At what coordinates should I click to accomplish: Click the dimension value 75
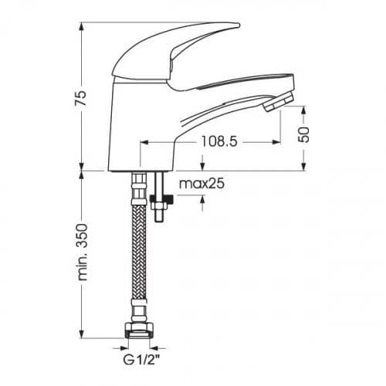[x=80, y=98]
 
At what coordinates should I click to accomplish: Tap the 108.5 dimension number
[x=218, y=141]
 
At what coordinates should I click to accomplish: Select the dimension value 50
[x=304, y=134]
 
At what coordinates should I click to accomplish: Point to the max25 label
[x=201, y=184]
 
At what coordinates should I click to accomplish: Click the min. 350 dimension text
[x=83, y=252]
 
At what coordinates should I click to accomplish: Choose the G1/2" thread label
[x=141, y=360]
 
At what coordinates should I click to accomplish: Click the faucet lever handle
[x=175, y=52]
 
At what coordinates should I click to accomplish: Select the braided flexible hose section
[x=139, y=252]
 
